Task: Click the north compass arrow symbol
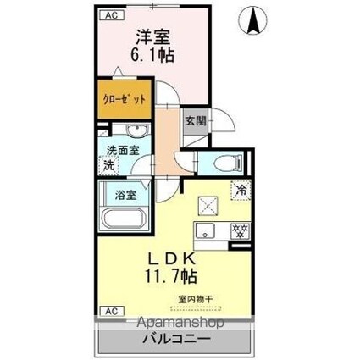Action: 252,20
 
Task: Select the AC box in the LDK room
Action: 109,312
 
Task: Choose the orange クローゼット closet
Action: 125,98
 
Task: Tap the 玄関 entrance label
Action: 195,121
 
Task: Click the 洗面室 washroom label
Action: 122,152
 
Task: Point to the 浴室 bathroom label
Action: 127,194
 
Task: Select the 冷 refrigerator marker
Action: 241,191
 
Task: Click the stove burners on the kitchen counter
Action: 240,230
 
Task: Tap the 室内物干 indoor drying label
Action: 194,298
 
